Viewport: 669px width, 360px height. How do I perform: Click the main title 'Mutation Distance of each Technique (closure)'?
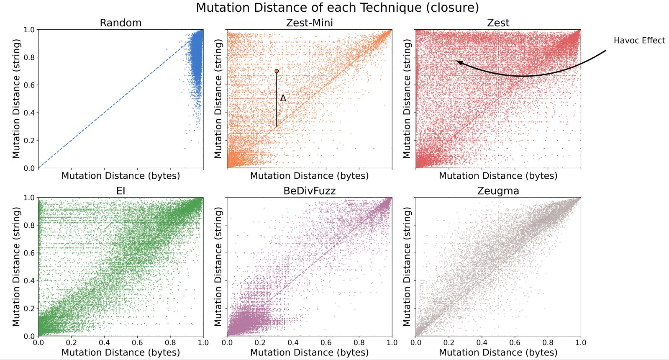pyautogui.click(x=337, y=8)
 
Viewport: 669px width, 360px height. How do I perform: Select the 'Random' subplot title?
pyautogui.click(x=120, y=23)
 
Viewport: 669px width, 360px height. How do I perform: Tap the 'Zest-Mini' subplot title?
pyautogui.click(x=309, y=23)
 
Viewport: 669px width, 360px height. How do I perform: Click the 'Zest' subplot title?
pyautogui.click(x=498, y=23)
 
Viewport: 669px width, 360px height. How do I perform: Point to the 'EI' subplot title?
pyautogui.click(x=120, y=191)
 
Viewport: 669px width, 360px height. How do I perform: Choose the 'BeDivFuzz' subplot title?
pyautogui.click(x=309, y=191)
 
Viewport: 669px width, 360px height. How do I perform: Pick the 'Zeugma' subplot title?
pyautogui.click(x=498, y=191)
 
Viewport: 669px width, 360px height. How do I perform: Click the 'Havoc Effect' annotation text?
pyautogui.click(x=639, y=41)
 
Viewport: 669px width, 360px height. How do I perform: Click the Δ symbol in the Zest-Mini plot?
pyautogui.click(x=283, y=98)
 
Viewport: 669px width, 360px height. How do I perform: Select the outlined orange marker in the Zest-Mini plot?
pyautogui.click(x=277, y=71)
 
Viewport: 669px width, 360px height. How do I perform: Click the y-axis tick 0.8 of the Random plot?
pyautogui.click(x=29, y=57)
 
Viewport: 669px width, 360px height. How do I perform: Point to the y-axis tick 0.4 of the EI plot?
pyautogui.click(x=29, y=280)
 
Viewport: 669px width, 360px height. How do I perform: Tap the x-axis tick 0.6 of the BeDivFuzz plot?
pyautogui.click(x=326, y=342)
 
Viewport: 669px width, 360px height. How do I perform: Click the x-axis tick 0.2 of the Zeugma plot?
pyautogui.click(x=449, y=342)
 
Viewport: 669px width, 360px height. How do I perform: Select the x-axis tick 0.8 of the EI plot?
pyautogui.click(x=170, y=342)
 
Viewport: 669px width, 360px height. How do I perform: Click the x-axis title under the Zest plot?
pyautogui.click(x=498, y=176)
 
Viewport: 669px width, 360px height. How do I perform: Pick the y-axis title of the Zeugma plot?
pyautogui.click(x=407, y=266)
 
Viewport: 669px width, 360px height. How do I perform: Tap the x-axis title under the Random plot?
pyautogui.click(x=120, y=176)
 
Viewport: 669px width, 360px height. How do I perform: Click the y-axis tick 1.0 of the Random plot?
pyautogui.click(x=29, y=30)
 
